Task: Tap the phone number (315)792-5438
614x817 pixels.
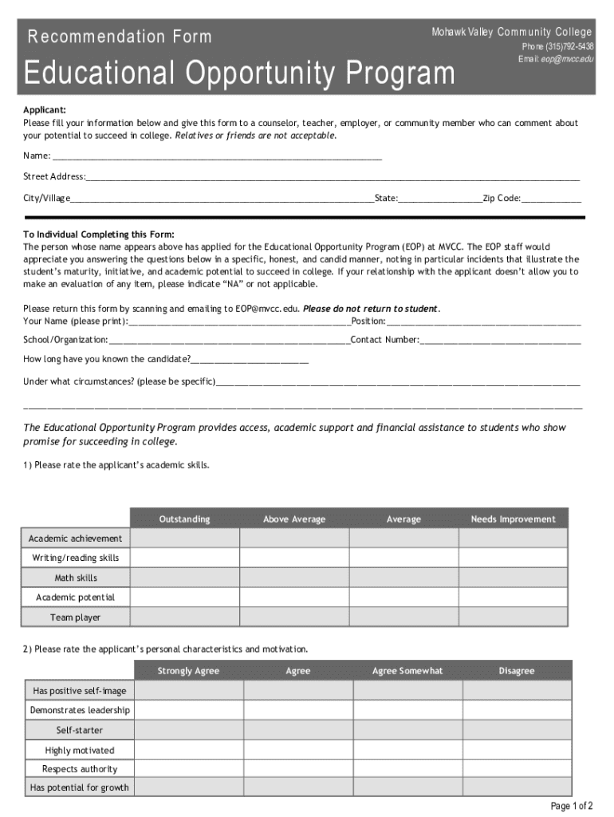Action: click(557, 46)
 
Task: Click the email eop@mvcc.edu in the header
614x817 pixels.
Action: click(556, 59)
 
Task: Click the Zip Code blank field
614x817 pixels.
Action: click(551, 199)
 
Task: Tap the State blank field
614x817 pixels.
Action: click(440, 199)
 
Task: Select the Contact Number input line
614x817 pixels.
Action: click(500, 341)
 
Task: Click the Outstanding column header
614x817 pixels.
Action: click(184, 519)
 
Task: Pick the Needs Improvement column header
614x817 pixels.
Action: click(513, 519)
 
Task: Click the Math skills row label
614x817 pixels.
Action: click(76, 578)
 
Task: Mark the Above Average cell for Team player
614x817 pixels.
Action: click(294, 617)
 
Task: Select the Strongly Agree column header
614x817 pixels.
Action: click(188, 671)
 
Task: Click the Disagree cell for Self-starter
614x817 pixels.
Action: click(516, 730)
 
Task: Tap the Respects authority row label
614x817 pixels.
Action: click(80, 769)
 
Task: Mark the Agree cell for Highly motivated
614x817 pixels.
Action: click(298, 750)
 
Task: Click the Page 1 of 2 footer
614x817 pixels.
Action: click(572, 806)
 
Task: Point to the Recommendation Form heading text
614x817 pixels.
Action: click(120, 37)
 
